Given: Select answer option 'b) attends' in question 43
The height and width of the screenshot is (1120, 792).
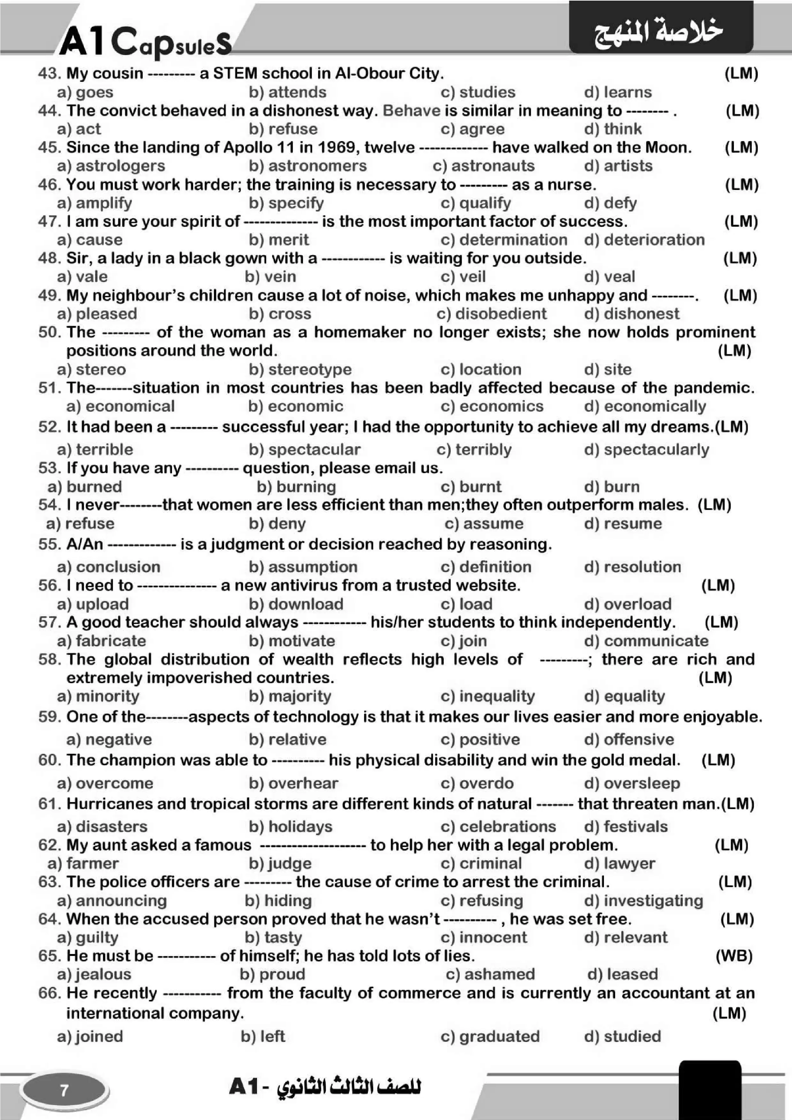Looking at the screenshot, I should [x=287, y=92].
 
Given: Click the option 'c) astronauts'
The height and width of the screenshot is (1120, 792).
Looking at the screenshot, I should [x=483, y=166].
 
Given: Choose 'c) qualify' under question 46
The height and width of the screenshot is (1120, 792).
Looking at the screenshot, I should [x=476, y=203].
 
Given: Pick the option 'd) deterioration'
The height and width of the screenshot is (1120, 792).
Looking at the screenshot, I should [x=644, y=240].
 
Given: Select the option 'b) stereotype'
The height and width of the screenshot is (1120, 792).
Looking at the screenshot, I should [x=300, y=369].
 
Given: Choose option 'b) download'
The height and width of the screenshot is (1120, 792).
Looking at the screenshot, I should [x=296, y=604].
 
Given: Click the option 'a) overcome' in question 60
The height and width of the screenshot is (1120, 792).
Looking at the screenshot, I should [x=105, y=783].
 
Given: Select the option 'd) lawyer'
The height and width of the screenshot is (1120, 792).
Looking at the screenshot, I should [x=619, y=863].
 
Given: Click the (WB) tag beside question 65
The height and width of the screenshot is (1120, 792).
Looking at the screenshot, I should [x=734, y=956].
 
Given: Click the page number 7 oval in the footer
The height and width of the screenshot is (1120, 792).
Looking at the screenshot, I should [x=64, y=1090].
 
